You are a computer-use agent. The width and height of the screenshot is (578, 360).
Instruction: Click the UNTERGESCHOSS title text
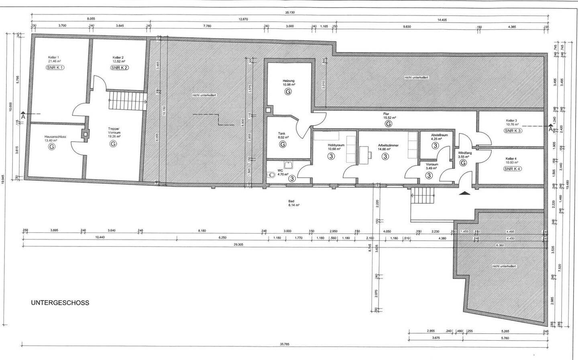pos(60,303)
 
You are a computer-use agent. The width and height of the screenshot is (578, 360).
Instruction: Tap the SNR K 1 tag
pos(55,67)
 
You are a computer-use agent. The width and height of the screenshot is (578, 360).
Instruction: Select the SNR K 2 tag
pos(119,67)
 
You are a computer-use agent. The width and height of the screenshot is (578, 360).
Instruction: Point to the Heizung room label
pos(289,81)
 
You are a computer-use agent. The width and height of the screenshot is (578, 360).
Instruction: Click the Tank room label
pos(283,134)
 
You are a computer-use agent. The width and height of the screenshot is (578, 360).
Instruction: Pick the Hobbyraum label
pos(336,145)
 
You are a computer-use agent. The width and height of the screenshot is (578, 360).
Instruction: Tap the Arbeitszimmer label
pos(388,145)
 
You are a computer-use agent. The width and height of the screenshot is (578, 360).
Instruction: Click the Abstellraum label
pos(439,135)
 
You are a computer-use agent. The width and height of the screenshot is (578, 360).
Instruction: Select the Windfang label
pos(465,153)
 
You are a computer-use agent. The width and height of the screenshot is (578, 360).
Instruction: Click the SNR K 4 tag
pos(513,169)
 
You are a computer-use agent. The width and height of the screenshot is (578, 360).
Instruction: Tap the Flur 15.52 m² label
pos(389,116)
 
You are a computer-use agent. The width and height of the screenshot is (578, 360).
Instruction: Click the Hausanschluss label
pos(55,137)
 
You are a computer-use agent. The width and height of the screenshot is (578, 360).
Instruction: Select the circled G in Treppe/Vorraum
pos(113,143)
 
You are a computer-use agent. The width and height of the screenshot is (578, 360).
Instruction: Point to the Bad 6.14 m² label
pos(291,203)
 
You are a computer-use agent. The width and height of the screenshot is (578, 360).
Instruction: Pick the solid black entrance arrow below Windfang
pos(465,193)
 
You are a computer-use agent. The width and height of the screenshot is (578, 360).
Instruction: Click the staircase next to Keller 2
pos(126,100)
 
